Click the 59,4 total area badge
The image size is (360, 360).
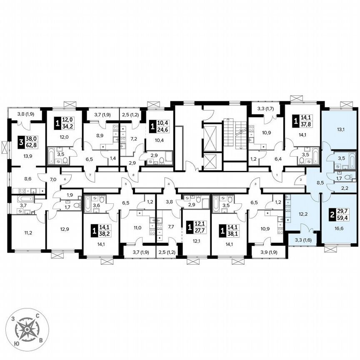[x=340, y=217]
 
